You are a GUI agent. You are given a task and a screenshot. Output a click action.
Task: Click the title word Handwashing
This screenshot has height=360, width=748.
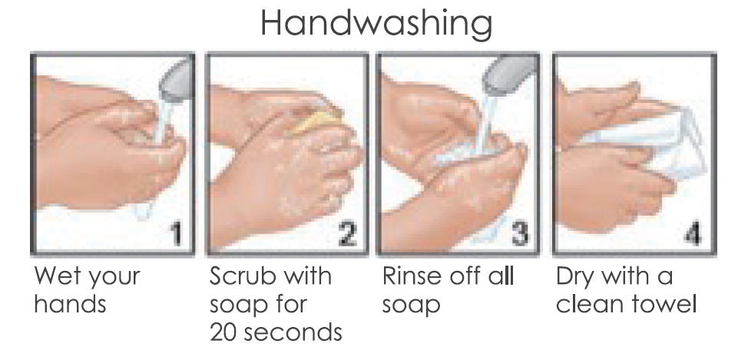[x=376, y=24]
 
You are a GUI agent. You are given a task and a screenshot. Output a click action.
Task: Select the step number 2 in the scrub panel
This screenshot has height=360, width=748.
[x=347, y=235]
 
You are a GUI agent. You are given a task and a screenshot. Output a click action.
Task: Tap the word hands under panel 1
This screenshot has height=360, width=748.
[x=70, y=304]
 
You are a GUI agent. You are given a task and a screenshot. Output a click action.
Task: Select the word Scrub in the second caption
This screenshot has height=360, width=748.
[x=241, y=276]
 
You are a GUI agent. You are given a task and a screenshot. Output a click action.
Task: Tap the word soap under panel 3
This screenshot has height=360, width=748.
[x=411, y=306]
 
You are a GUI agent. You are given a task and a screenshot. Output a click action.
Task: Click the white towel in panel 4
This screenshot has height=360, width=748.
[x=654, y=138]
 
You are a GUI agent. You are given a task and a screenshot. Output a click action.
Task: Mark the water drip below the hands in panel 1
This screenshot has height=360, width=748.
[x=143, y=211]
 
